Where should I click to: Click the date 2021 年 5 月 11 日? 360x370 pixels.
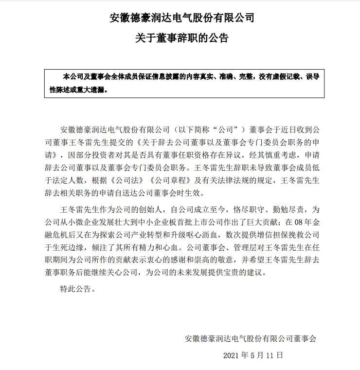(x=253, y=355)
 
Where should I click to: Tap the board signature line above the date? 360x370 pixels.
(x=251, y=338)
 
